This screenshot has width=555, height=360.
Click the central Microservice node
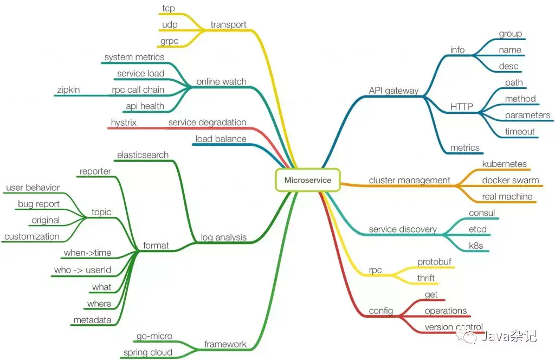click(x=307, y=180)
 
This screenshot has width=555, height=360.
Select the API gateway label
click(x=393, y=91)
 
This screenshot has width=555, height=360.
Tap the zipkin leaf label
click(x=68, y=89)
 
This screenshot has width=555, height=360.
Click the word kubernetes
click(x=504, y=164)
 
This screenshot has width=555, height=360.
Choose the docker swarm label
click(x=511, y=180)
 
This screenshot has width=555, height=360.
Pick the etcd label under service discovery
click(x=477, y=229)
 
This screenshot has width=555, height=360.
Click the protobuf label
click(x=435, y=262)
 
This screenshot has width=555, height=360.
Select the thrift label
click(x=426, y=278)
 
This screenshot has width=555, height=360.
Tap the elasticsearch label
click(x=143, y=155)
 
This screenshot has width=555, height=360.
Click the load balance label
click(x=221, y=139)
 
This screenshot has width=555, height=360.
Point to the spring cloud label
click(x=147, y=352)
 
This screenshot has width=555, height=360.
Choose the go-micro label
click(x=154, y=336)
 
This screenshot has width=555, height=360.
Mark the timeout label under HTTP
click(x=520, y=131)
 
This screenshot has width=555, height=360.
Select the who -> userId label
click(x=82, y=270)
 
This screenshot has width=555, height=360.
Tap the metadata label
click(x=92, y=320)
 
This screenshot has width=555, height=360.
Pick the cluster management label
click(x=409, y=180)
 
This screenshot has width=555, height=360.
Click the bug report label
click(x=38, y=204)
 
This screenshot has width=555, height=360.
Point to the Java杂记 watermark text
click(x=509, y=337)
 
